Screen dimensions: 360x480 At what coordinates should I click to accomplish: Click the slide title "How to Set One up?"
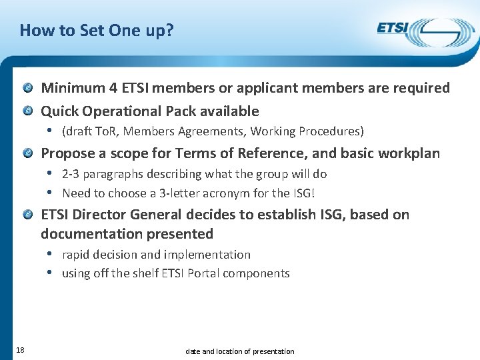(96, 31)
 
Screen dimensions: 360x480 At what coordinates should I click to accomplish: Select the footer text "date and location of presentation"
(239, 351)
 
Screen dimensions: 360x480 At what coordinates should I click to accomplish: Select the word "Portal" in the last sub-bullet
(205, 273)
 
